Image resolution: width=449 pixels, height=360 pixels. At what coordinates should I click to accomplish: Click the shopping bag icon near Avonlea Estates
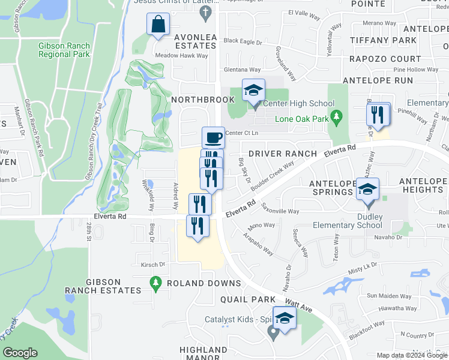click(158, 25)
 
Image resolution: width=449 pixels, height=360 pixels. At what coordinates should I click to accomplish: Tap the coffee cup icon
click(213, 138)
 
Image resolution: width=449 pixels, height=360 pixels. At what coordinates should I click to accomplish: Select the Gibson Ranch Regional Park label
click(64, 50)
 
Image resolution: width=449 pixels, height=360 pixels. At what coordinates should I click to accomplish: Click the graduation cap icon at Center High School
click(253, 91)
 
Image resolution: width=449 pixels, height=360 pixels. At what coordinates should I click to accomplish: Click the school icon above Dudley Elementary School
click(367, 189)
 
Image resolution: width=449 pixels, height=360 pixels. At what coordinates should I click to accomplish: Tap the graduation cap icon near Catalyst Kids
click(285, 317)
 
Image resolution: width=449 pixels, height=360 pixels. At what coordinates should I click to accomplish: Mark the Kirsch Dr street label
click(153, 264)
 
